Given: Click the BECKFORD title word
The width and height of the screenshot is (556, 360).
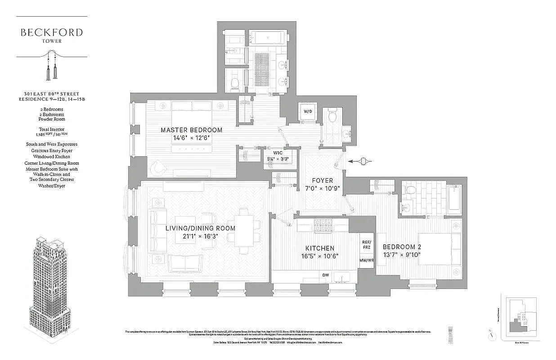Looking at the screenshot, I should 52,32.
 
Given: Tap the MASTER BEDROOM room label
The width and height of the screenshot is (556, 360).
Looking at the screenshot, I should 192,130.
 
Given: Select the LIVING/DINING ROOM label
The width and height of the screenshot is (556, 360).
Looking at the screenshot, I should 200,228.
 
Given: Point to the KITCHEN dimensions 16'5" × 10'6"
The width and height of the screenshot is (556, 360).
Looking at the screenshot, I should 320,256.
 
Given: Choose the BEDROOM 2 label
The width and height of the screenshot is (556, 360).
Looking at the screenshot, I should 402,247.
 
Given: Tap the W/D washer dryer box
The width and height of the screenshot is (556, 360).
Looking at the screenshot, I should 308,112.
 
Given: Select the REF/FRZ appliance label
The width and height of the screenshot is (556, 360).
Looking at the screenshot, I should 367,244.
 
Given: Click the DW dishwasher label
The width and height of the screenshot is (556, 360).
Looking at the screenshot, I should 325,275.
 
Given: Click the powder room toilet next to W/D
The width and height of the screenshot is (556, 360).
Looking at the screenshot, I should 333,116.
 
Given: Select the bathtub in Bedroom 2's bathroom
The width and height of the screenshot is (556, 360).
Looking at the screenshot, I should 454,200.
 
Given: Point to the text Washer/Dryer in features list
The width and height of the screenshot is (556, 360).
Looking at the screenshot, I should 52,186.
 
